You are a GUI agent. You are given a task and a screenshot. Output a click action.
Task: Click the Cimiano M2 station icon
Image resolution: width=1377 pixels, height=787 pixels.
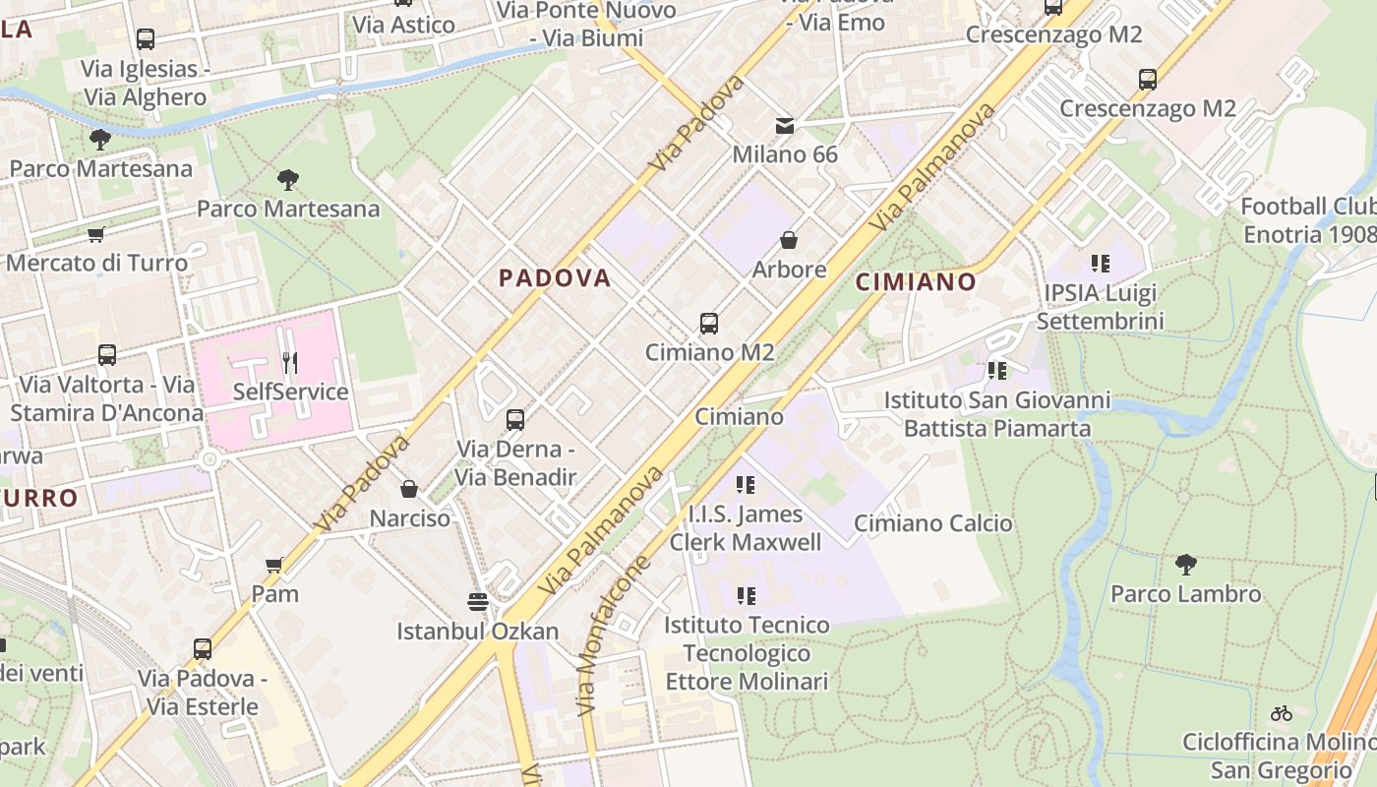click(708, 323)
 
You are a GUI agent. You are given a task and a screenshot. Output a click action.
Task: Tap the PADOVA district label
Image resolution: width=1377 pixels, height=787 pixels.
click(555, 278)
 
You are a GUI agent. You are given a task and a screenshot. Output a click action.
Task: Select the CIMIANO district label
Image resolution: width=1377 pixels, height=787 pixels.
click(916, 282)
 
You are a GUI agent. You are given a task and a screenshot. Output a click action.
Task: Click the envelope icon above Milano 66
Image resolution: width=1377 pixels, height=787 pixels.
click(785, 126)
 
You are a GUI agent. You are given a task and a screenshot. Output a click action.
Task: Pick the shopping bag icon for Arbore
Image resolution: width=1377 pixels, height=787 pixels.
click(788, 240)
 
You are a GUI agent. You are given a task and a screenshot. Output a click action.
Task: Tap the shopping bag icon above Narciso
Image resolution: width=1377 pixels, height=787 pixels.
click(409, 489)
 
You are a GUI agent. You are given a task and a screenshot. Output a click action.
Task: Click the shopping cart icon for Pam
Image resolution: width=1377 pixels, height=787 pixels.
click(274, 565)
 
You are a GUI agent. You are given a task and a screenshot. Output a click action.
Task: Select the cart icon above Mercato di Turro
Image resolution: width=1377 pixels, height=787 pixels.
click(95, 234)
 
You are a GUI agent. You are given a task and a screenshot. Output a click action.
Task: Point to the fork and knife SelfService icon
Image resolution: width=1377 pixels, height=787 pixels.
click(289, 363)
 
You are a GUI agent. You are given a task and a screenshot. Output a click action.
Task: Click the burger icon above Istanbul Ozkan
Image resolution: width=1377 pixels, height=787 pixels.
click(478, 601)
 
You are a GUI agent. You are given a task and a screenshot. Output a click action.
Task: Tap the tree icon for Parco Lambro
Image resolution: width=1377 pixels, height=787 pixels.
click(1185, 565)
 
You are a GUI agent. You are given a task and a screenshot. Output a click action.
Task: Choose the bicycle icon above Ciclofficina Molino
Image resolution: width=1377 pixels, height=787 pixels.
click(1281, 713)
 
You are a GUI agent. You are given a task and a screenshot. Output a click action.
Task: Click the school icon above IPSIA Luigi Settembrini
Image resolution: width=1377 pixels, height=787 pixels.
click(1100, 264)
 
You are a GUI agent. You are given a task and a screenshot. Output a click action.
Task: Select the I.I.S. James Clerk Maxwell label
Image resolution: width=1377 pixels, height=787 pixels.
click(745, 528)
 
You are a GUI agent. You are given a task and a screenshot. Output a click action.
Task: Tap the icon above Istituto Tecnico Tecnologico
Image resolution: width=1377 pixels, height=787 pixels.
click(747, 596)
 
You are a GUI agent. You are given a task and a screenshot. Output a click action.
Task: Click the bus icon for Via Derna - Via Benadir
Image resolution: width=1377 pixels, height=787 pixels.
click(514, 420)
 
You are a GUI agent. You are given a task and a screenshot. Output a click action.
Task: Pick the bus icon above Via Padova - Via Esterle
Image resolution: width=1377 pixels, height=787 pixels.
click(203, 649)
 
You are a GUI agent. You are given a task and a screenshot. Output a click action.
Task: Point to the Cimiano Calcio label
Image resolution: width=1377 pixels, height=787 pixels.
click(932, 523)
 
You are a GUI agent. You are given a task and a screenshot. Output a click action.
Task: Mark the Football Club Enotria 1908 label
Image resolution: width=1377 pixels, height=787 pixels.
click(1308, 220)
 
